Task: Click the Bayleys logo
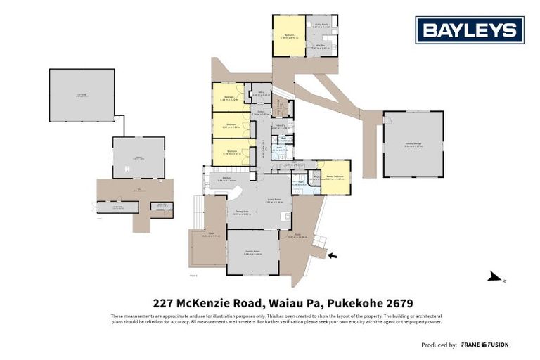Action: [469, 30]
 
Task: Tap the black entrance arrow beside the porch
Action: [332, 255]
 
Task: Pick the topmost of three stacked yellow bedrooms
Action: [229, 97]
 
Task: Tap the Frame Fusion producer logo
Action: [485, 345]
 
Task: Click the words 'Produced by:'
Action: [439, 345]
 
